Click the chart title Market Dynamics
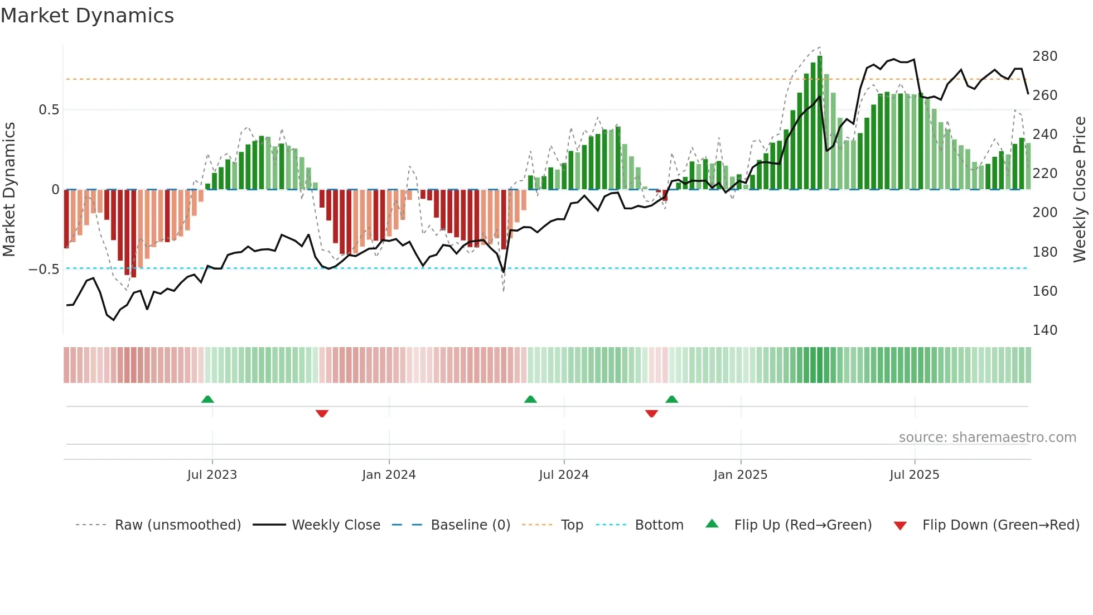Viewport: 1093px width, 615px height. pos(87,16)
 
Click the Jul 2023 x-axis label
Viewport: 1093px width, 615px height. pos(212,475)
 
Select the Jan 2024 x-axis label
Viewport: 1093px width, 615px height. pos(389,475)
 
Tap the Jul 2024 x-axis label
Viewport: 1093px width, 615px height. pos(563,475)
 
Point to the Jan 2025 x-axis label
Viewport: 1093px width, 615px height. pos(740,475)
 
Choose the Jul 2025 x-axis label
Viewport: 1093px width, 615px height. pos(914,475)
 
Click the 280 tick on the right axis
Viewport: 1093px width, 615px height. pos(1044,56)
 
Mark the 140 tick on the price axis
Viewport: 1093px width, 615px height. pos(1044,330)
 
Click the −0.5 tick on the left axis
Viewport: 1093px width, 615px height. pos(44,270)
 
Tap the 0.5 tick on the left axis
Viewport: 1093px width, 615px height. pos(49,110)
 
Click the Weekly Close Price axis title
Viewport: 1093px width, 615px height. pos(1080,190)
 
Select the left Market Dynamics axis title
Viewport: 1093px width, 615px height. pos(9,190)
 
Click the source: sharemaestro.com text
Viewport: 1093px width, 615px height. pos(987,438)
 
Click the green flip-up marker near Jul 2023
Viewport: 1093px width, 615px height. pos(207,400)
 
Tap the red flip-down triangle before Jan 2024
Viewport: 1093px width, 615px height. pos(322,414)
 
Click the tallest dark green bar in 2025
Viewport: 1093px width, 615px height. pos(819,123)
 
